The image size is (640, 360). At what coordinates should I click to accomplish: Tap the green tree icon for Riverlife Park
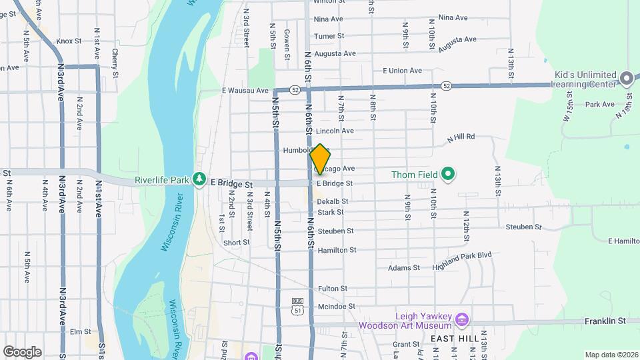coord(199,179)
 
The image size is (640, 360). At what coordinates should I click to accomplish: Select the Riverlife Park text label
coord(163,179)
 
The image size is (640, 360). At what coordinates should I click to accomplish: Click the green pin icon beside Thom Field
coord(448,175)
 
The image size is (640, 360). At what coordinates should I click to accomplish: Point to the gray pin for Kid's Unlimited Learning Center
coord(626,79)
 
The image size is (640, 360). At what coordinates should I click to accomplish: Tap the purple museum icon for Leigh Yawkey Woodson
coord(461,321)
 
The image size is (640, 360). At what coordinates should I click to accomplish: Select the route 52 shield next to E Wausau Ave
coord(295,89)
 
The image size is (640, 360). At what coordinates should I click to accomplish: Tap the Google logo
coord(22,351)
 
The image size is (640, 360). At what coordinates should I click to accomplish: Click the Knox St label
coord(69,41)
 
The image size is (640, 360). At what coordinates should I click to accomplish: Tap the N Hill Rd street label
coord(461,137)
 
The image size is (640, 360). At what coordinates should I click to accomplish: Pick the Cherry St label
coord(115,61)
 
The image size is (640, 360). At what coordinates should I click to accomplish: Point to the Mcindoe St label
coord(336,306)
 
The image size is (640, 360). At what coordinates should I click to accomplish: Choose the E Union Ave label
coord(402,71)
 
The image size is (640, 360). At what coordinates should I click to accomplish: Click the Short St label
coord(237,243)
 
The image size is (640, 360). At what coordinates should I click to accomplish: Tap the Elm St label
coord(80,331)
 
